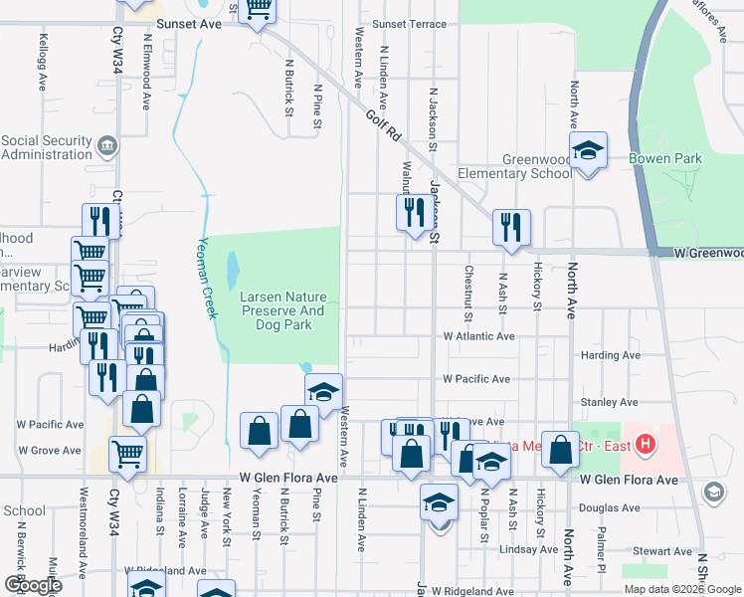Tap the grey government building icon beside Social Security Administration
[x=107, y=148]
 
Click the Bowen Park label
[x=664, y=158]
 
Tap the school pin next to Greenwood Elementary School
[x=589, y=152]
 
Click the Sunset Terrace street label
[x=409, y=24]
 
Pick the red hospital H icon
[x=647, y=443]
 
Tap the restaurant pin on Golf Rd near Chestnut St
[x=511, y=226]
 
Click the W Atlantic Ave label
[x=478, y=336]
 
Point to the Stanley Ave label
[x=609, y=402]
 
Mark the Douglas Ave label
[x=609, y=507]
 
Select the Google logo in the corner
[x=33, y=585]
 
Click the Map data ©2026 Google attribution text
[x=681, y=589]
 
